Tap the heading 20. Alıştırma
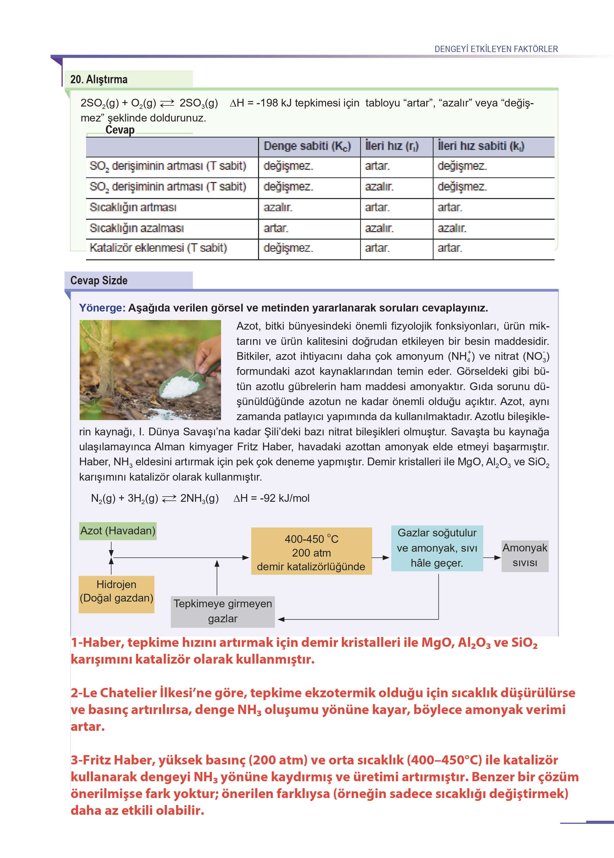click(99, 79)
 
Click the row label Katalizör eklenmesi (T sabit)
click(158, 248)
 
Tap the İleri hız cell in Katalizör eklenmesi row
click(377, 248)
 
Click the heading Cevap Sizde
click(99, 280)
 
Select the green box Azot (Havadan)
click(118, 531)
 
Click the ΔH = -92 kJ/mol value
click(271, 498)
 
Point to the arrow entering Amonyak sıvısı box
click(492, 558)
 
